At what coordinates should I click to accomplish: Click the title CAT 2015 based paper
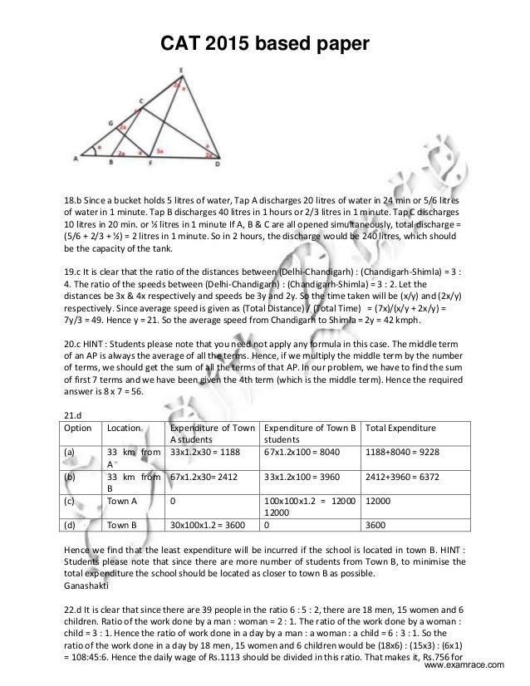click(264, 43)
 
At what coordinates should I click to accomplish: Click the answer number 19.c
click(73, 272)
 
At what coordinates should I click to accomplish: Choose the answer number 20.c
click(74, 341)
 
